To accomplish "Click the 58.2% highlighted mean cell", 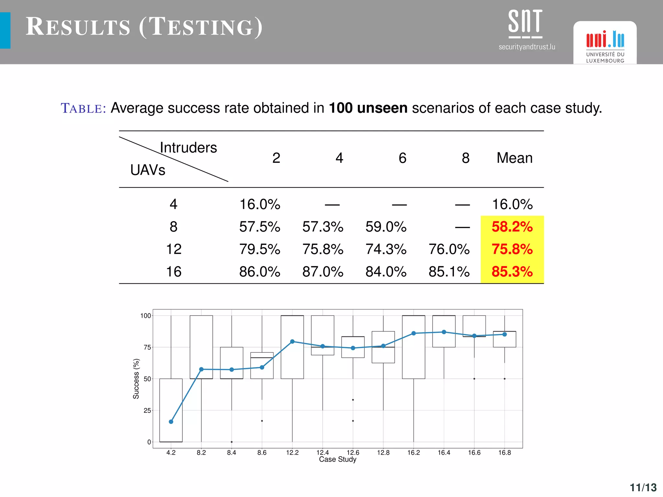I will [x=512, y=226].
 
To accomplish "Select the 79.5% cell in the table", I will [x=260, y=249].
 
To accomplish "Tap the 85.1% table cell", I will [x=449, y=272].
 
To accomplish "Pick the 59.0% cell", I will [x=386, y=226].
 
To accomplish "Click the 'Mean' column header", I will [x=514, y=158].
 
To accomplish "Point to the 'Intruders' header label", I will [x=188, y=148].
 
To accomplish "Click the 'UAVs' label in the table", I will [x=148, y=170].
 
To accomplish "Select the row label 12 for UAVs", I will [x=174, y=249].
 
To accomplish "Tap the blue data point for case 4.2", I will [x=171, y=422].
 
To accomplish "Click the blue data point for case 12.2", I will [x=292, y=341].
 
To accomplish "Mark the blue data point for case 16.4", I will [x=444, y=332].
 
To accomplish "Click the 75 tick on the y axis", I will [x=147, y=347].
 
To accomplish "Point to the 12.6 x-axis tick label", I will [x=353, y=452].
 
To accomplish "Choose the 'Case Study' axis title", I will [x=338, y=459].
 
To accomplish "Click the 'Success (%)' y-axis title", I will [x=136, y=379].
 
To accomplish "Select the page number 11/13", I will [x=643, y=487].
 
